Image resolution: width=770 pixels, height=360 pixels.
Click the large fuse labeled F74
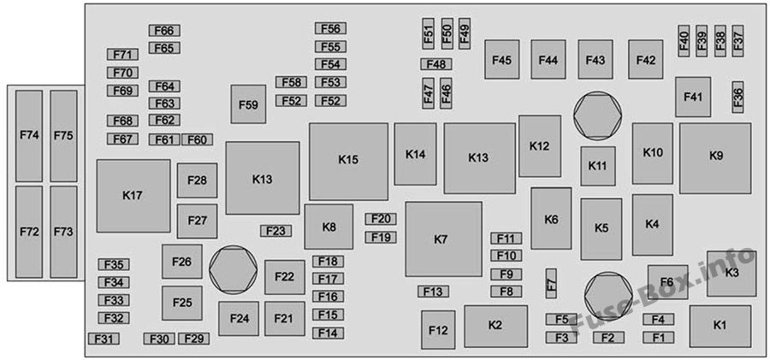(29, 136)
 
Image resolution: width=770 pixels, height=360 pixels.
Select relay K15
(349, 161)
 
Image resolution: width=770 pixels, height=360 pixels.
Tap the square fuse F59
(248, 104)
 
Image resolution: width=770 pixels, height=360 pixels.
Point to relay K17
(133, 196)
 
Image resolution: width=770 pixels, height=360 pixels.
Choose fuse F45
(502, 59)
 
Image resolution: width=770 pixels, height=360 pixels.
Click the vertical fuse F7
(552, 283)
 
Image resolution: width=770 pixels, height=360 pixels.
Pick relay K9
(715, 158)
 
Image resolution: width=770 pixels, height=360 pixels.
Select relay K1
(720, 326)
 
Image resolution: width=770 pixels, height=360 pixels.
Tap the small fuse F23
(276, 231)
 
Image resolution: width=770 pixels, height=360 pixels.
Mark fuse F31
(104, 339)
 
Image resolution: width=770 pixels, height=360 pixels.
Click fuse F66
(164, 31)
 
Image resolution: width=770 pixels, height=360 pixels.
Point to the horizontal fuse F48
(436, 64)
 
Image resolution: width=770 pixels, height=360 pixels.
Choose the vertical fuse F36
(737, 97)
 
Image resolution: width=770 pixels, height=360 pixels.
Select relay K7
(443, 239)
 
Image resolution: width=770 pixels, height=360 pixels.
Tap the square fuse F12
(438, 329)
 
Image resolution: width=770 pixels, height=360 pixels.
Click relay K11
(598, 166)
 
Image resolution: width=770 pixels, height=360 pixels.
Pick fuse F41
(693, 97)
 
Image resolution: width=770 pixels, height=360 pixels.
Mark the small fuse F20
(381, 219)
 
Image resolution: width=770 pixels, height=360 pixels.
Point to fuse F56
(330, 28)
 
